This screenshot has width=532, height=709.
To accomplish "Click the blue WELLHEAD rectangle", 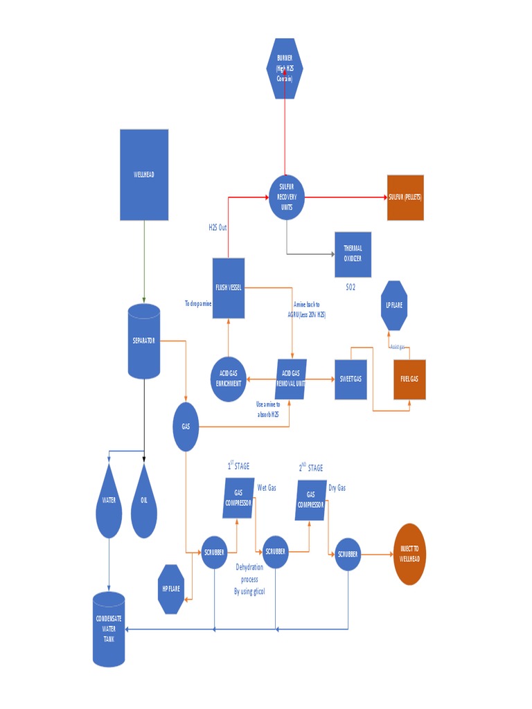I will tap(144, 174).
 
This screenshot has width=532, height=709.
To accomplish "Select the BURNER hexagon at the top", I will tap(285, 68).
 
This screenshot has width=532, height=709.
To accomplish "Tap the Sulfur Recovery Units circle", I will tap(287, 197).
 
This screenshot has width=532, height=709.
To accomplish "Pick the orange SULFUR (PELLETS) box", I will tap(405, 197).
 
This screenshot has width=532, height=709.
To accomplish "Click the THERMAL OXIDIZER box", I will tap(353, 254).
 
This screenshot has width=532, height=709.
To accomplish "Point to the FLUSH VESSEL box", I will tap(228, 288).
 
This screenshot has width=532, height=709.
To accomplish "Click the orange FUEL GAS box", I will tap(409, 379).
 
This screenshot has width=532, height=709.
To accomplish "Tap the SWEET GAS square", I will tap(351, 379).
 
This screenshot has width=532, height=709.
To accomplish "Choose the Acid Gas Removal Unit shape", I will tap(292, 379).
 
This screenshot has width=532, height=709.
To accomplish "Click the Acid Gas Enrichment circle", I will tap(228, 379).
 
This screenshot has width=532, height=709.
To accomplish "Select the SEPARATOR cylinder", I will tap(144, 341).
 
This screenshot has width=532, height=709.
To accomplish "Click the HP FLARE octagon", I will tap(171, 589).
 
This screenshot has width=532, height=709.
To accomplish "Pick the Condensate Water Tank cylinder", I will tap(109, 629).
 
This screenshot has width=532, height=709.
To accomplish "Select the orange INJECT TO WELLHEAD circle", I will tap(409, 553).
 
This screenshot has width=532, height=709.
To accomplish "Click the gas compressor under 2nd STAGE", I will tap(311, 500).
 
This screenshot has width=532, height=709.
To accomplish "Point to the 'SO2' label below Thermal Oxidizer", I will tap(351, 287).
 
